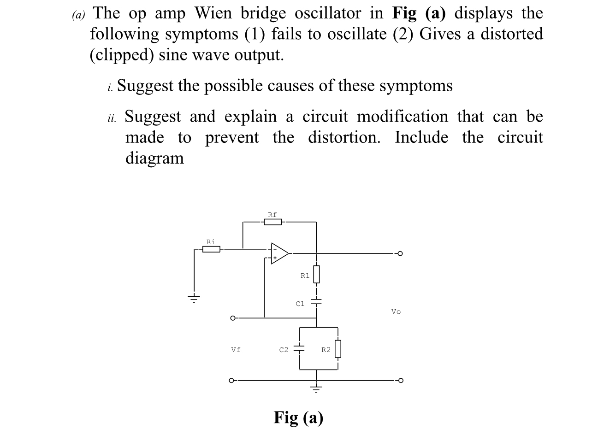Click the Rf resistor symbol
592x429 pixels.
(272, 222)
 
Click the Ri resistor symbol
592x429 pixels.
(211, 249)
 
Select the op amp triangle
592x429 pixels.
(279, 253)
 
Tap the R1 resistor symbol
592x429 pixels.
(316, 275)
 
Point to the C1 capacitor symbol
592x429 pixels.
(316, 303)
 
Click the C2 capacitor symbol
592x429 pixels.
(300, 348)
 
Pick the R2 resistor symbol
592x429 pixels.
(338, 349)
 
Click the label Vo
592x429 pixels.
(396, 312)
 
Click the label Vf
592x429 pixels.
(236, 350)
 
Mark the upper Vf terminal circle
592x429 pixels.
(233, 318)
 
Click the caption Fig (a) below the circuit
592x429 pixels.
(298, 417)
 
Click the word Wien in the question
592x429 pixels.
(213, 13)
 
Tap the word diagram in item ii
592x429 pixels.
(154, 158)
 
